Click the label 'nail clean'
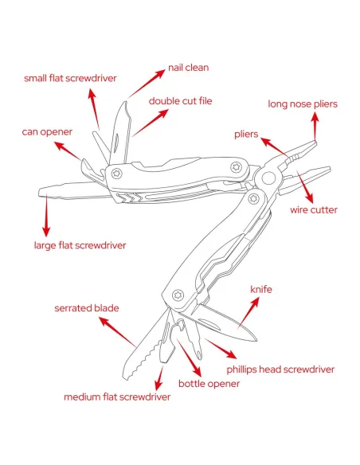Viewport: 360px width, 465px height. [x=188, y=68]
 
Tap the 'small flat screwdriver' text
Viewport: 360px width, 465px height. [x=70, y=78]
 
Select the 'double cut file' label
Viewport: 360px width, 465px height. [x=180, y=101]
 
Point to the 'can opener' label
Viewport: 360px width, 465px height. [x=47, y=132]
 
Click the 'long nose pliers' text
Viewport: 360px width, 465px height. [x=303, y=104]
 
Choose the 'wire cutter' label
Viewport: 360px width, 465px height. [x=314, y=210]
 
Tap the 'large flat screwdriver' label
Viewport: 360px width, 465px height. [x=80, y=245]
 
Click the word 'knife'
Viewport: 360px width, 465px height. [x=261, y=290]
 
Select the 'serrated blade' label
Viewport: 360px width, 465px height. [x=87, y=308]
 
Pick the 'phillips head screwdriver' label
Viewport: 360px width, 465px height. [x=280, y=369]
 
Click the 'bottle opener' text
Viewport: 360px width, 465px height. [x=209, y=384]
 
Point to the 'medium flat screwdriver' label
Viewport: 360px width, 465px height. [x=117, y=397]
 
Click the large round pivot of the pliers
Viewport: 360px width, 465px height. [x=268, y=178]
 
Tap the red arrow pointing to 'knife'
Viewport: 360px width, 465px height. [x=248, y=313]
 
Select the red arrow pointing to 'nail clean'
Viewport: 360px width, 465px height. [x=147, y=84]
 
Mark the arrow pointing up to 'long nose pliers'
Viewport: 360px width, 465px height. [x=315, y=127]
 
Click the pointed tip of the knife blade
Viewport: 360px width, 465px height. [x=256, y=341]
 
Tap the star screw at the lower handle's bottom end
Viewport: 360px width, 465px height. [x=178, y=295]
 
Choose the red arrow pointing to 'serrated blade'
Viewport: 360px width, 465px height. [x=117, y=332]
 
